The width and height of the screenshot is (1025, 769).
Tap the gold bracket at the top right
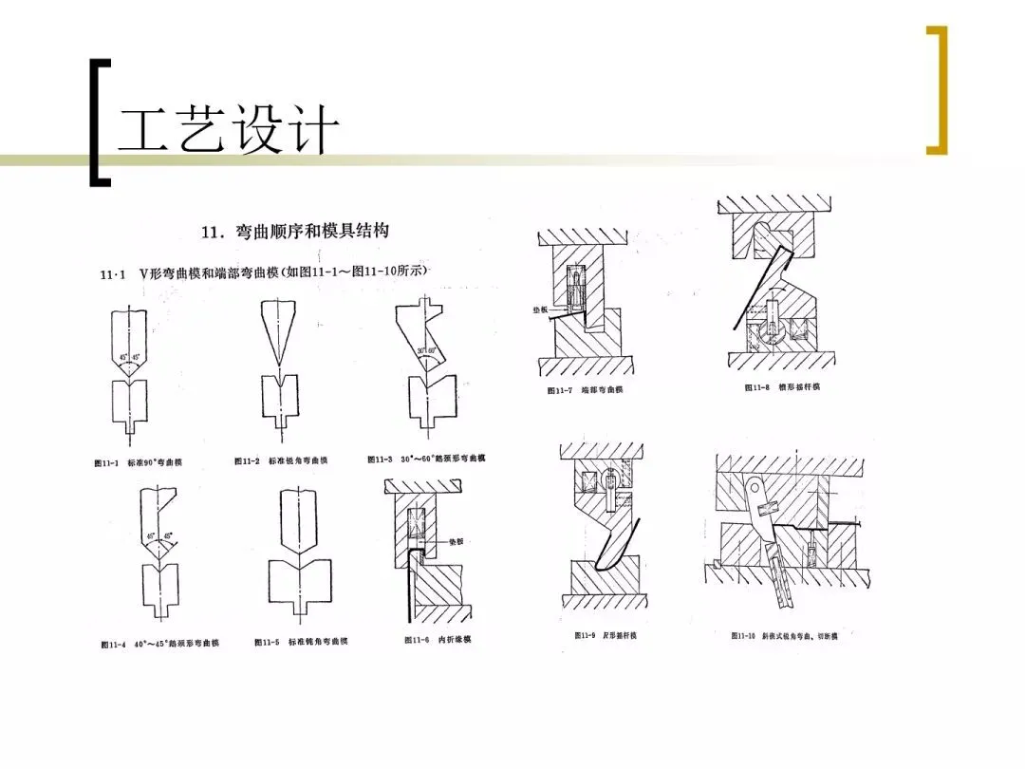point(938,90)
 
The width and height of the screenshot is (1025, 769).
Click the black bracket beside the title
point(98,122)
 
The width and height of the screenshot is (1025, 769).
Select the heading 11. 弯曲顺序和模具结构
point(295,231)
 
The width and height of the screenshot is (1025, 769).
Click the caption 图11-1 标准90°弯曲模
point(138,462)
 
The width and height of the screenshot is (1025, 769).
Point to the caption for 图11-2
point(281,460)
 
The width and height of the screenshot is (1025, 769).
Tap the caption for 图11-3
point(427,459)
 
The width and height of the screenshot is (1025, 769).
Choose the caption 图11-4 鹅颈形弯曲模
point(160,644)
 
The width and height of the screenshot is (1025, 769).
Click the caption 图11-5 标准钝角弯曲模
point(301,642)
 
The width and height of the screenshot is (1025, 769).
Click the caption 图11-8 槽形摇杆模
point(782,387)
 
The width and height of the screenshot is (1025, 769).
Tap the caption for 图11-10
point(784,635)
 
